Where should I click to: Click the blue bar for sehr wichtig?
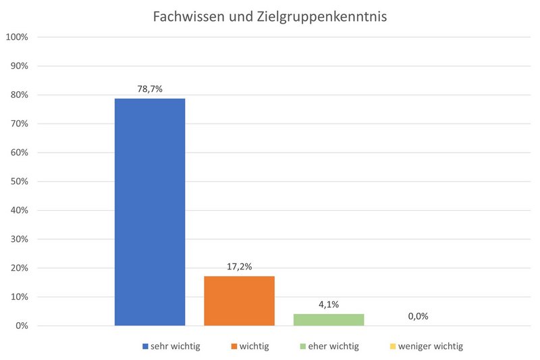(x=150, y=212)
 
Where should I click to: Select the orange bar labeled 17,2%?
(x=239, y=301)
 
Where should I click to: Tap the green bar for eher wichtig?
(x=328, y=319)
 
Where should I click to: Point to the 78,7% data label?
(x=149, y=88)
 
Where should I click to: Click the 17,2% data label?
(x=239, y=266)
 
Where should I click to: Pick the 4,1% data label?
(x=328, y=304)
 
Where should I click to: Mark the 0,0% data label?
(x=418, y=316)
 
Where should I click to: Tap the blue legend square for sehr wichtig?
(x=145, y=346)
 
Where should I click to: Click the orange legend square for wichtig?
(x=234, y=346)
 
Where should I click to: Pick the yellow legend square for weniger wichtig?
(x=392, y=346)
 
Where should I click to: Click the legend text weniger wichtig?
(x=431, y=346)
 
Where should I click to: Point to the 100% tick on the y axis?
(x=16, y=36)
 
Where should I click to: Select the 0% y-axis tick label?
(x=21, y=326)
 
